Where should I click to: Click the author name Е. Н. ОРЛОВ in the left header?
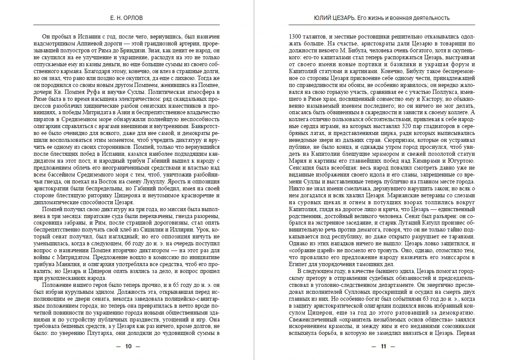[127, 18]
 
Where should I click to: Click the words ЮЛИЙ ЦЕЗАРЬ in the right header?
[332, 18]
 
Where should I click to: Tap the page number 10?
[128, 346]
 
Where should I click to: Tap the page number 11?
[383, 346]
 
